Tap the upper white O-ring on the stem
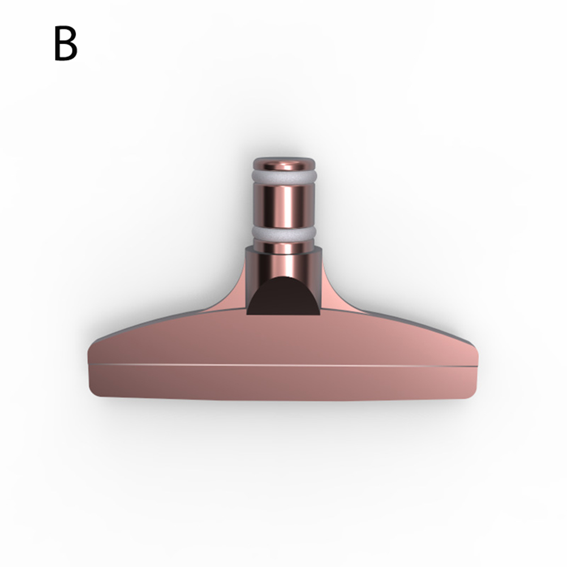[284, 177]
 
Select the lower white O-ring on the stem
[284, 233]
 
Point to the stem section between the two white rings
[284, 205]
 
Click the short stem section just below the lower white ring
[284, 246]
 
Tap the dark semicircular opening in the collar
[283, 297]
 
